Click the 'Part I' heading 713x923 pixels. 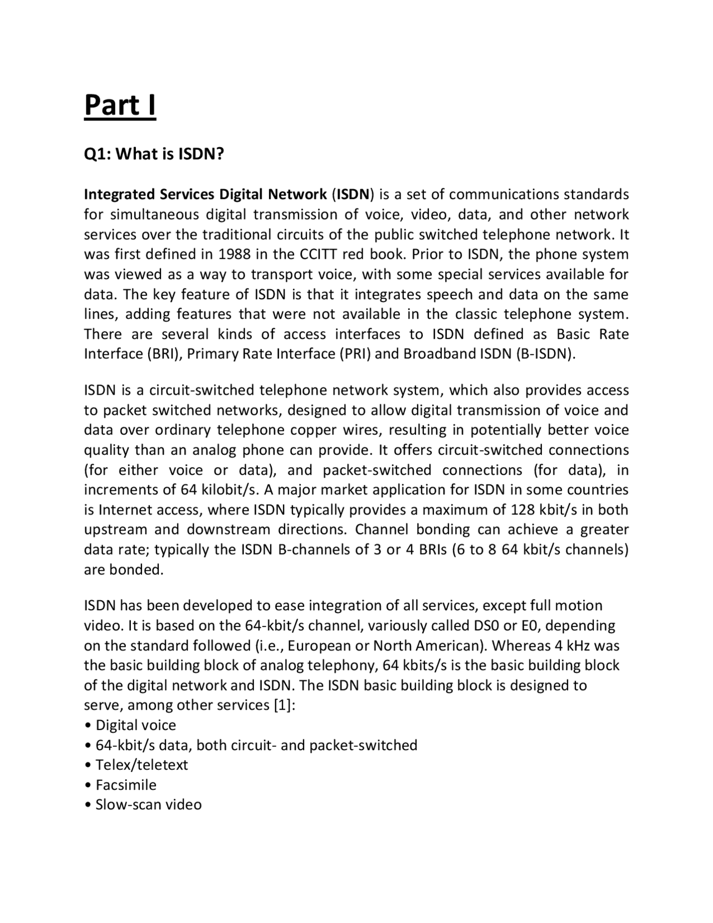point(120,105)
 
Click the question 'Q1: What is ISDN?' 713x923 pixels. point(154,154)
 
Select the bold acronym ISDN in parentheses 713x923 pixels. point(353,195)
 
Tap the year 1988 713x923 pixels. point(234,255)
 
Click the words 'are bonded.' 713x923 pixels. point(124,570)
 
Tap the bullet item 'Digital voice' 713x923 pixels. point(135,726)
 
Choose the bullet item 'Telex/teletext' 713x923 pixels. point(141,765)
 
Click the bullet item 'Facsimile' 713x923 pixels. point(126,785)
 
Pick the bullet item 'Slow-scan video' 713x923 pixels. point(148,805)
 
